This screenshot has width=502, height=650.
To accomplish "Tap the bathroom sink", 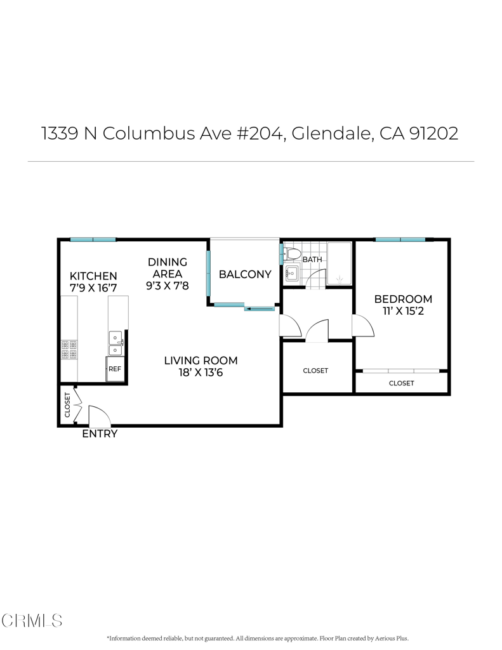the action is pyautogui.click(x=292, y=274).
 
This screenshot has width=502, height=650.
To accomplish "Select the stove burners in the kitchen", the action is pyautogui.click(x=69, y=349).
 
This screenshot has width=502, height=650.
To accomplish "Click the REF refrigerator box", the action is pyautogui.click(x=115, y=369).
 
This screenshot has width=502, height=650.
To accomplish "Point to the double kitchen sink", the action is pyautogui.click(x=116, y=343).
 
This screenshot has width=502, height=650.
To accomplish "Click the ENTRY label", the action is pyautogui.click(x=100, y=434).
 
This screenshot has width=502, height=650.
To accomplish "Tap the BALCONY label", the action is pyautogui.click(x=245, y=274).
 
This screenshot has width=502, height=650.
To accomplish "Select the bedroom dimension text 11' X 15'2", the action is pyautogui.click(x=403, y=311).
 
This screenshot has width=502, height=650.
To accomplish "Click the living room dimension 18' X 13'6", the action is pyautogui.click(x=201, y=372).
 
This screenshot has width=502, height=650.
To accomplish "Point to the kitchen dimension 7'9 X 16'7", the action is pyautogui.click(x=93, y=288).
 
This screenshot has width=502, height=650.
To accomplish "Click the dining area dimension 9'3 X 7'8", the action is pyautogui.click(x=167, y=286).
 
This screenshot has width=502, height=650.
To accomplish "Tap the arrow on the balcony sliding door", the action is pyautogui.click(x=260, y=308).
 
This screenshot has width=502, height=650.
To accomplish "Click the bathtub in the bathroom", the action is pyautogui.click(x=339, y=263).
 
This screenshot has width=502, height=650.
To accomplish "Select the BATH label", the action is pyautogui.click(x=312, y=260).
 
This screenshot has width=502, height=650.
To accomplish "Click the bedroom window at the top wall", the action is pyautogui.click(x=400, y=239).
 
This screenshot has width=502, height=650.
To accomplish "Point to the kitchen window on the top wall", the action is pyautogui.click(x=93, y=239).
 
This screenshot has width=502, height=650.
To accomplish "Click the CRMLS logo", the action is pyautogui.click(x=32, y=621).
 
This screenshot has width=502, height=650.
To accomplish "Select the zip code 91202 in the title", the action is pyautogui.click(x=433, y=133).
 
